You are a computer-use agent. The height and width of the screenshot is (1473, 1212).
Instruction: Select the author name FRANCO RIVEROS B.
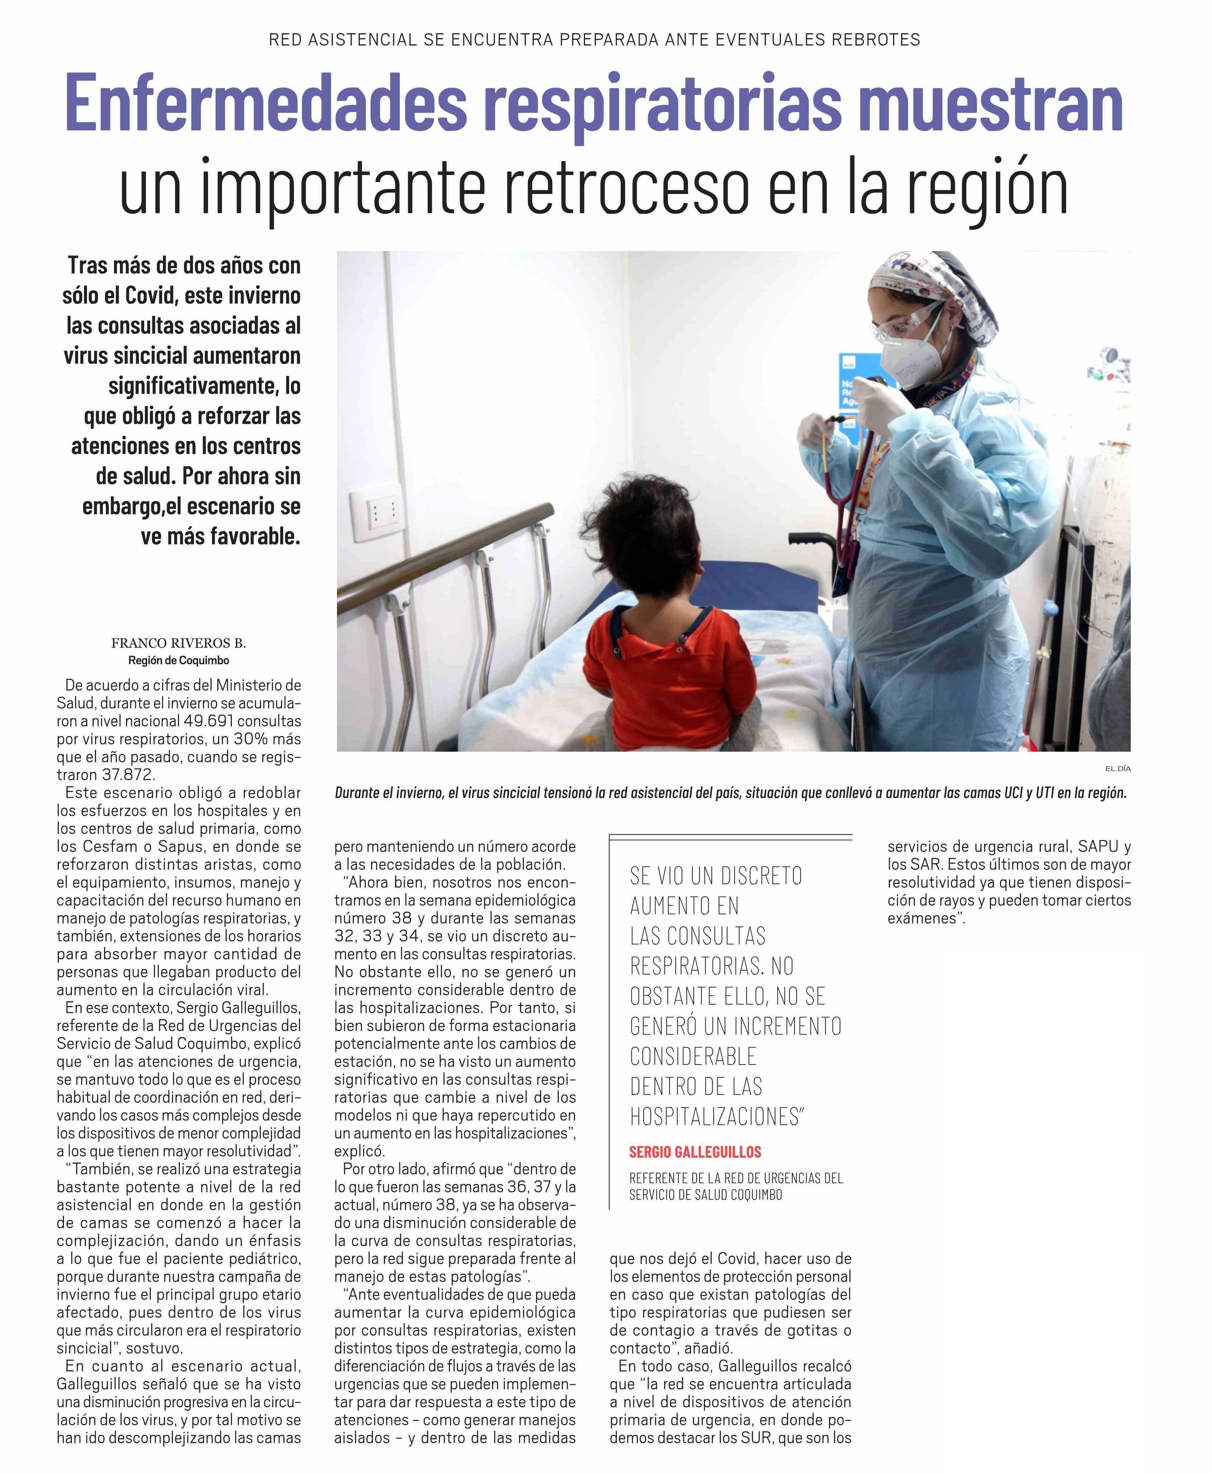click(179, 643)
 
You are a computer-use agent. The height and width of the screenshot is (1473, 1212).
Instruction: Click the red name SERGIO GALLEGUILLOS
click(695, 1152)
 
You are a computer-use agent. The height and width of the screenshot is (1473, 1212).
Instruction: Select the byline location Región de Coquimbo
click(179, 660)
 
